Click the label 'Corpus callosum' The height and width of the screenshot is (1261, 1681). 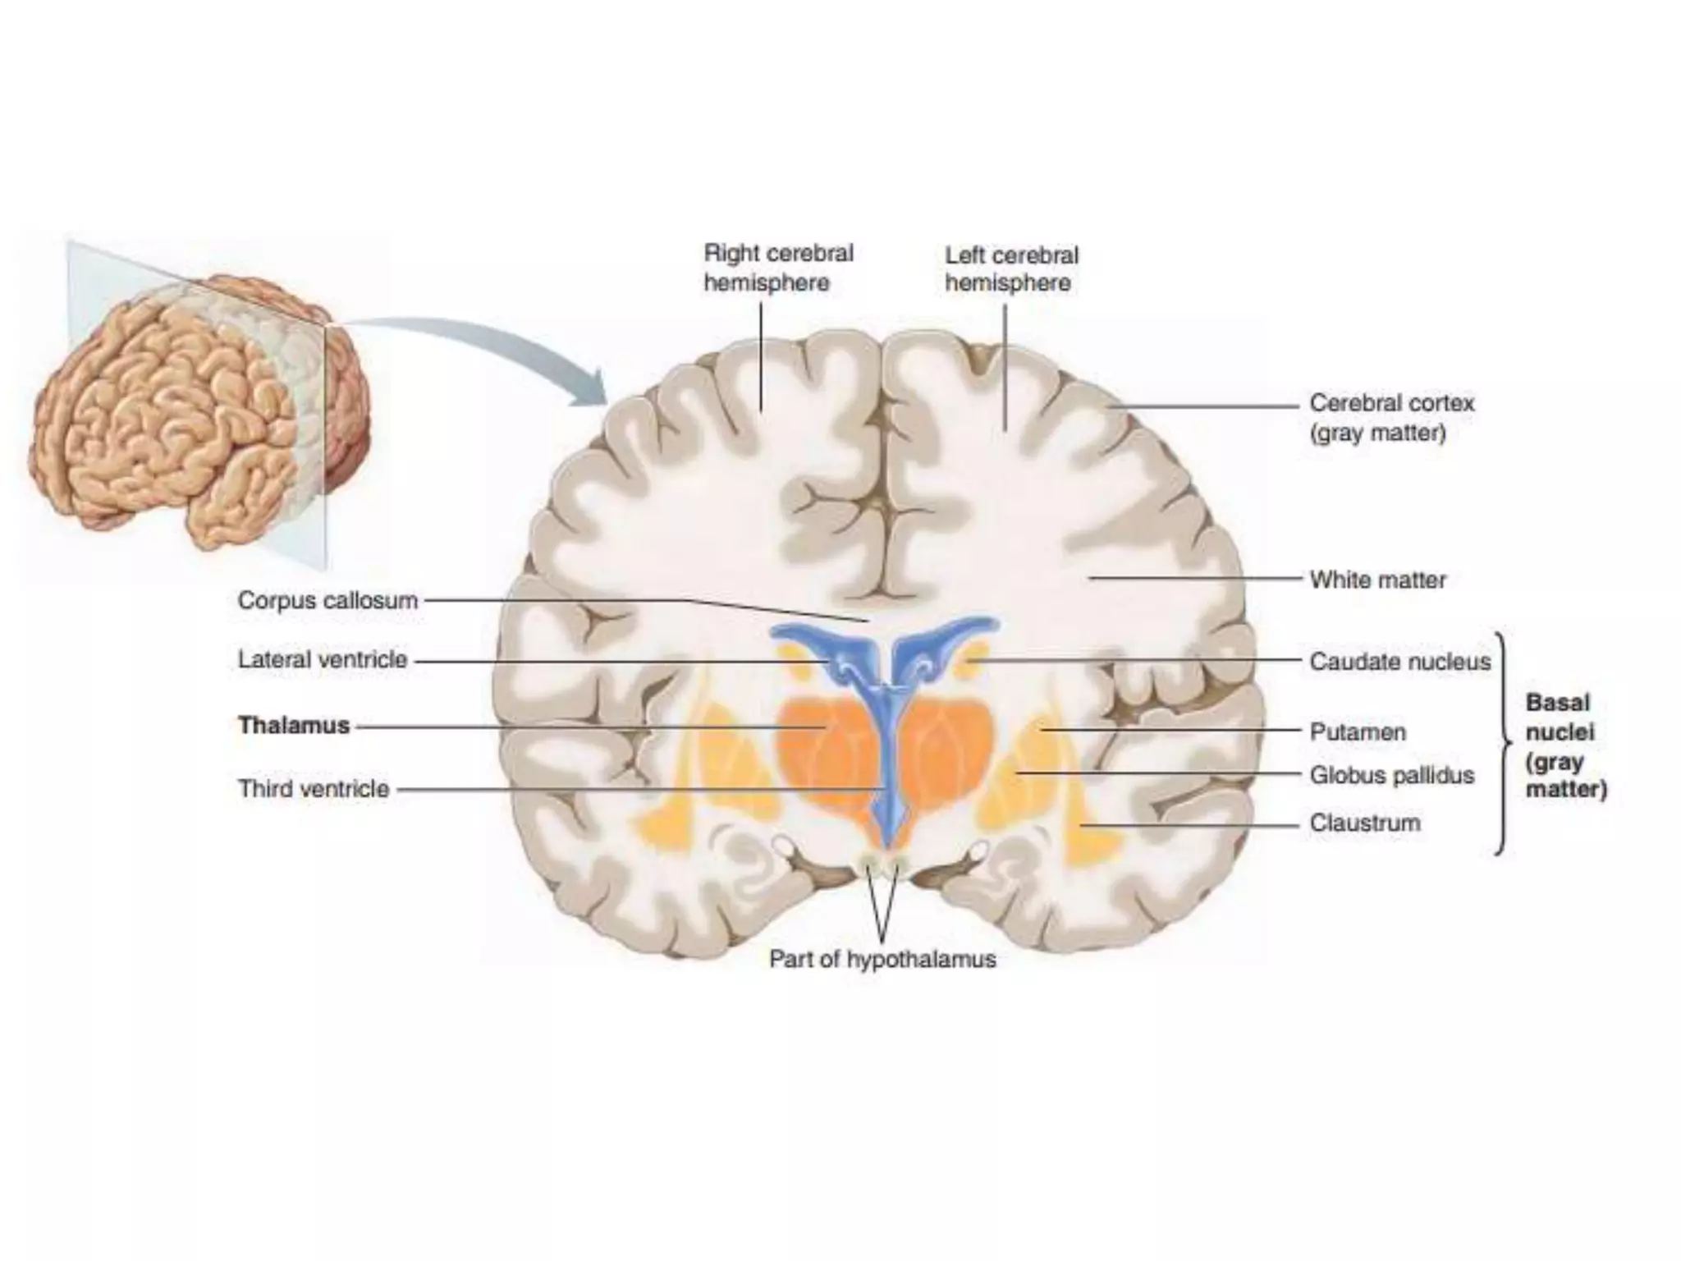click(327, 601)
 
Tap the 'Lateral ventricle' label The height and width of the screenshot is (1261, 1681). click(323, 660)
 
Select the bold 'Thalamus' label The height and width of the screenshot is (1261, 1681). click(294, 726)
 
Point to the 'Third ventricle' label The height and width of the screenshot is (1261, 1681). click(314, 789)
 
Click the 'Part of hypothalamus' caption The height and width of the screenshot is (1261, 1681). click(882, 959)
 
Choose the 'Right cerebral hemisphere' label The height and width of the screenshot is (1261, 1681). click(778, 268)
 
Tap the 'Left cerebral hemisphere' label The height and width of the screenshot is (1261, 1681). click(1011, 268)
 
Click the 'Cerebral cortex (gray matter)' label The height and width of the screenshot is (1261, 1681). click(1391, 418)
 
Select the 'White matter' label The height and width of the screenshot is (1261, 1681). click(1377, 580)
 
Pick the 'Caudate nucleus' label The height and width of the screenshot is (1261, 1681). click(1399, 662)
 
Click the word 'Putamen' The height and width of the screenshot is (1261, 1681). click(1358, 731)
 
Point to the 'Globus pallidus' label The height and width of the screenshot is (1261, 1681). click(1391, 775)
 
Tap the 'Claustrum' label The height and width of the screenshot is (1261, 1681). click(1364, 823)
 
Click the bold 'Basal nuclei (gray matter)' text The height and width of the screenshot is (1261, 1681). click(1564, 746)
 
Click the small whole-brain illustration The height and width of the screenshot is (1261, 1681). click(197, 410)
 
